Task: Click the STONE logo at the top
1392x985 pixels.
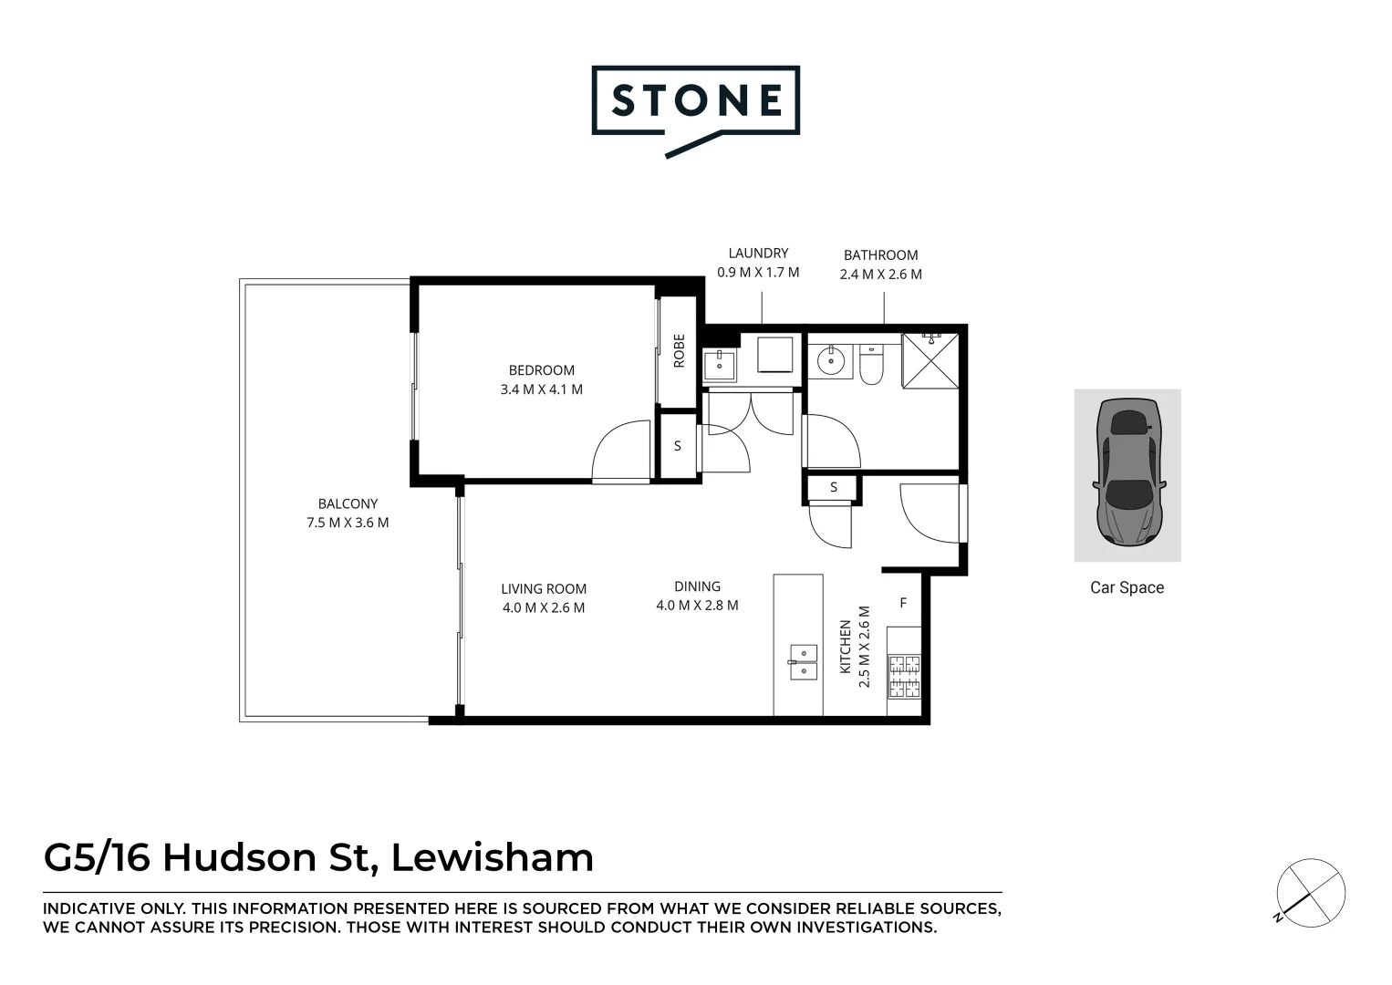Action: [x=695, y=102]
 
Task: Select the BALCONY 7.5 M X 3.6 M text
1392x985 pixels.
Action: [x=348, y=513]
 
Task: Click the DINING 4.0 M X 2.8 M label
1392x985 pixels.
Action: [x=697, y=596]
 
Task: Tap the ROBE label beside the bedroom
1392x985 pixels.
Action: [x=679, y=351]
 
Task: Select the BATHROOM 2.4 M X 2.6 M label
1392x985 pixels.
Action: [x=880, y=264]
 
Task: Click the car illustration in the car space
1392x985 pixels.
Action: [x=1127, y=472]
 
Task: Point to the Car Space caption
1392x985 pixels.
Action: [x=1127, y=587]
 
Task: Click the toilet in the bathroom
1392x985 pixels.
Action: [x=869, y=364]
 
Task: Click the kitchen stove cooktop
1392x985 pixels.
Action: [x=904, y=676]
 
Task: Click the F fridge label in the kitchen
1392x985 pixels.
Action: [x=903, y=603]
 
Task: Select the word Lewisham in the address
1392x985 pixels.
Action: [x=493, y=857]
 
